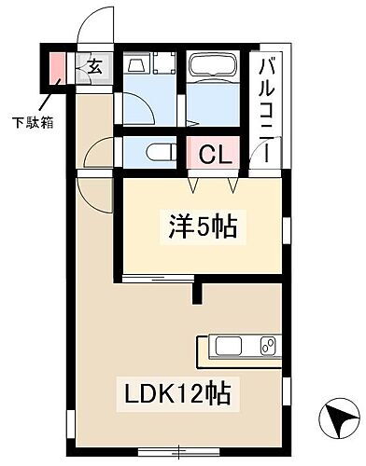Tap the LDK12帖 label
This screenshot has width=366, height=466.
click(x=176, y=393)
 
